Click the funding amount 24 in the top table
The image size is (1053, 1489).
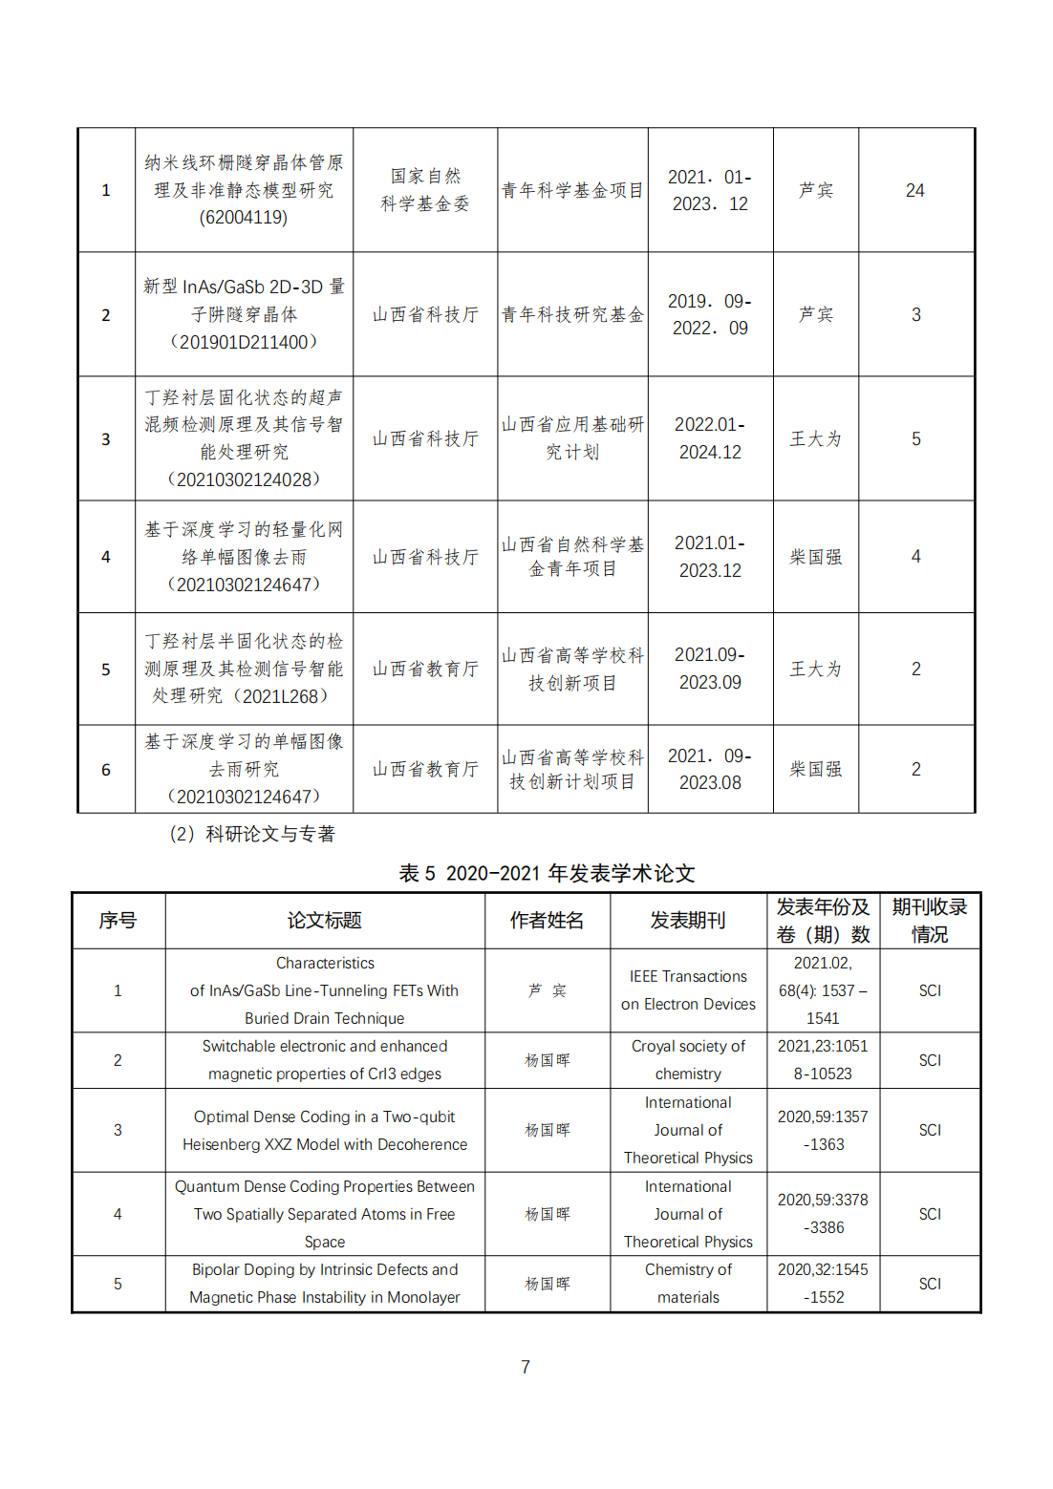[914, 191]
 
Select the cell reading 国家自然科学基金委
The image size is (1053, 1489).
[425, 190]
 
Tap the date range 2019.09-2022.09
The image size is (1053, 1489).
[710, 314]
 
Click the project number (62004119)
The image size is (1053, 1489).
[244, 218]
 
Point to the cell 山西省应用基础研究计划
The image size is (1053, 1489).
[572, 438]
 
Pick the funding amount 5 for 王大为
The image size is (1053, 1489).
[915, 438]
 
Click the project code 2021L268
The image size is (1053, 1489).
[279, 696]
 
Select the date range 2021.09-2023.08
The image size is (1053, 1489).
[710, 769]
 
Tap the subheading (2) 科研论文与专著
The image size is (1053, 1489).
[252, 834]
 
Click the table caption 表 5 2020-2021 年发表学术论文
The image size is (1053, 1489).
[547, 873]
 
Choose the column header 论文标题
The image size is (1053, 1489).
[325, 921]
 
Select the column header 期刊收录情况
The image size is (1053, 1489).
[930, 921]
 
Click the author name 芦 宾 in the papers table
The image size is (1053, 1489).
[548, 990]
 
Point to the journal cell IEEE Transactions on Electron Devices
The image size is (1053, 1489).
[688, 990]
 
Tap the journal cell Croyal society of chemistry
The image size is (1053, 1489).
[688, 1060]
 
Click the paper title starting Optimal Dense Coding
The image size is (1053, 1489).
[325, 1130]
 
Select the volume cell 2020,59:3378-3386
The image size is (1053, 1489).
[823, 1214]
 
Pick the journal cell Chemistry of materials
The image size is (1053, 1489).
[688, 1284]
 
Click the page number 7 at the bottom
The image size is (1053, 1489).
[526, 1367]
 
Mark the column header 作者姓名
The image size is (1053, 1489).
[548, 921]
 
